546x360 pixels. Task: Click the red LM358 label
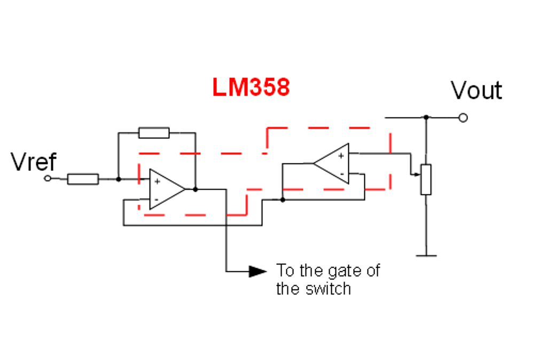coord(251,88)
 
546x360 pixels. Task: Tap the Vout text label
coord(476,90)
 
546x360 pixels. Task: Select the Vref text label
coord(34,161)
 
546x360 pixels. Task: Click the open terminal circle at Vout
coord(463,118)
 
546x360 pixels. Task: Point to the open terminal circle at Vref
coord(48,178)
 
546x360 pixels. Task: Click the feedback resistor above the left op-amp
coord(154,133)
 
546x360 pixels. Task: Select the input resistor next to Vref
coord(83,179)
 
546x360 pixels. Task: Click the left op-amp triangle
coord(165,190)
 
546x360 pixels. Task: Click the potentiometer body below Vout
coord(426,179)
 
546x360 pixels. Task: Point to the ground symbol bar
coord(426,256)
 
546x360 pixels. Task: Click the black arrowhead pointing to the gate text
coord(258,271)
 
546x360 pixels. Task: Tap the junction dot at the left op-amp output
coord(196,189)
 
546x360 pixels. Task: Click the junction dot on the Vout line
coord(426,117)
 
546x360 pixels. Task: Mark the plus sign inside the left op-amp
coord(157,182)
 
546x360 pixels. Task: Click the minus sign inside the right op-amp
coord(341,174)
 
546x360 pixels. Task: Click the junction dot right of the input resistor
coord(118,179)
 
